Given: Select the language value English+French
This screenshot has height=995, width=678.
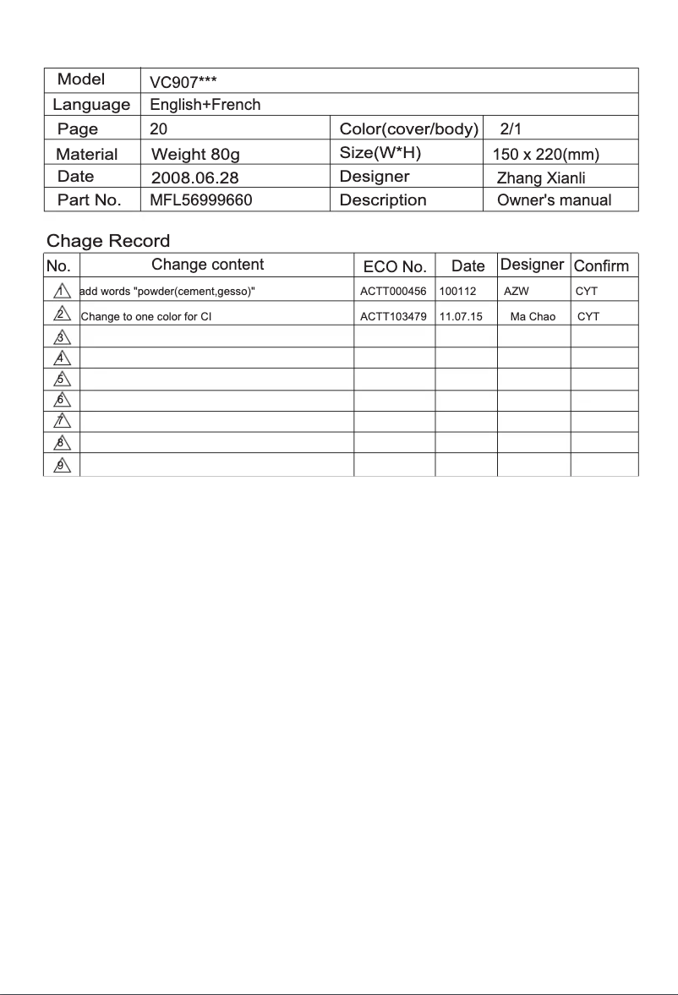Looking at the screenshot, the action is click(205, 106).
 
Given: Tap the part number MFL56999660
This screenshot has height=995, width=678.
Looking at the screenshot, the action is click(200, 200).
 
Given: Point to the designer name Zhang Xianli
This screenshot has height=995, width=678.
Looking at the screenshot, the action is click(541, 178).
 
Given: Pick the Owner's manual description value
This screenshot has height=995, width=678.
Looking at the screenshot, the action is click(554, 200).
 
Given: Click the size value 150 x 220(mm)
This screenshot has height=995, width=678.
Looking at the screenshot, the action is click(545, 155).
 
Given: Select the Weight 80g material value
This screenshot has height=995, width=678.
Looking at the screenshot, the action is click(195, 155).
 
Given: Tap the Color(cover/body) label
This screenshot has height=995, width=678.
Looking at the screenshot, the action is click(409, 129).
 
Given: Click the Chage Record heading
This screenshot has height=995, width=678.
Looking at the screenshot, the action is click(108, 241).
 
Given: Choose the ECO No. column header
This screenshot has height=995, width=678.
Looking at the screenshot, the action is click(394, 266).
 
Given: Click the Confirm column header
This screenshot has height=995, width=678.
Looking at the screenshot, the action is click(601, 266).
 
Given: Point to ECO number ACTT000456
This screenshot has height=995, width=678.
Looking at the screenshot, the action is click(393, 292).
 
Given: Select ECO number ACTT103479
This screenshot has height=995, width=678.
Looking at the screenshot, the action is click(393, 317).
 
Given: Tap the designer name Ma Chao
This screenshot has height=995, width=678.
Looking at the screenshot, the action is click(533, 317).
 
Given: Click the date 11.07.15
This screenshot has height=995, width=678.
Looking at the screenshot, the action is click(461, 317).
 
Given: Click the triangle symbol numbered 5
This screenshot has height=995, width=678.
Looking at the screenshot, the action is click(61, 380).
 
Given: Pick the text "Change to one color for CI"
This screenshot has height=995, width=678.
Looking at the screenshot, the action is click(145, 317).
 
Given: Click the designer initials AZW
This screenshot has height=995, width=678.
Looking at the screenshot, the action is click(516, 292).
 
